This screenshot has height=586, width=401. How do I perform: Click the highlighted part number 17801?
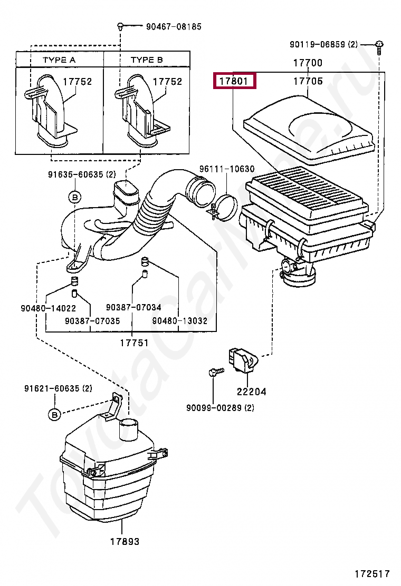(x=234, y=82)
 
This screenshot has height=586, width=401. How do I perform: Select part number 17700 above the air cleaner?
(x=308, y=63)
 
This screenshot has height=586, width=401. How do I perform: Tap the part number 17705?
(x=308, y=81)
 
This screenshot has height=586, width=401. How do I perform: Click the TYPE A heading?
(x=59, y=60)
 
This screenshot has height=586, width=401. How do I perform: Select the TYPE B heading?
(x=147, y=60)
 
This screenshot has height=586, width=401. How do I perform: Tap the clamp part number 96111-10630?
(x=226, y=169)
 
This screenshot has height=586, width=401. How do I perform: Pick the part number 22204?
(x=251, y=392)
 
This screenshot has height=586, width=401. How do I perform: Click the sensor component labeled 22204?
(x=242, y=359)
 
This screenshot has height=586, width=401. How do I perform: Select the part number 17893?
(x=125, y=541)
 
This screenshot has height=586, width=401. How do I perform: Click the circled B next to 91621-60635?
(x=54, y=415)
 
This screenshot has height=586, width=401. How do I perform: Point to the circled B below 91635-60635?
(x=74, y=197)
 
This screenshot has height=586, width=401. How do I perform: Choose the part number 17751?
(x=134, y=343)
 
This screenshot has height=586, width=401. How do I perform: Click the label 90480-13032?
(x=179, y=320)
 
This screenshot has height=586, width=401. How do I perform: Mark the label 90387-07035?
(x=92, y=320)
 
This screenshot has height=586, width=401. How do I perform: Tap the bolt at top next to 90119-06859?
(x=379, y=46)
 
